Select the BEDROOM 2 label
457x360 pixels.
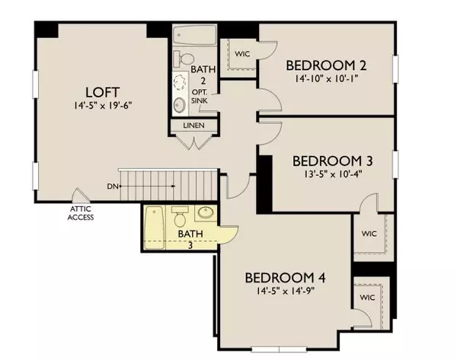pos(329,65)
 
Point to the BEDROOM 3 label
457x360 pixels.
pos(332,161)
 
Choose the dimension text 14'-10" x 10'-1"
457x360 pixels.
pos(329,78)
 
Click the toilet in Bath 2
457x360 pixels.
pos(181,59)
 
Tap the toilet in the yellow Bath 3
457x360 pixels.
pos(181,215)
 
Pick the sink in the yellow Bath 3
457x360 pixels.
pos(206,215)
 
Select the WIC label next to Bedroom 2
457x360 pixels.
pos(243,54)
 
